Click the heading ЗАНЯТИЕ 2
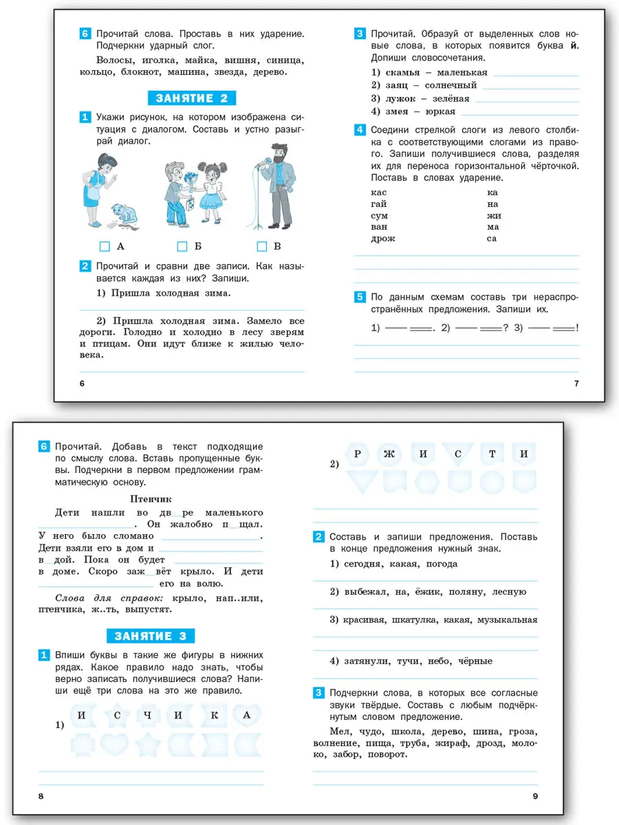pyautogui.click(x=192, y=98)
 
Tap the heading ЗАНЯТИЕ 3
pyautogui.click(x=151, y=635)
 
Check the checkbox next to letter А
pyautogui.click(x=105, y=246)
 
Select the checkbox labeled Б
pyautogui.click(x=182, y=246)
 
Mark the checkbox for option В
pyautogui.click(x=261, y=246)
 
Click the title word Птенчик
pyautogui.click(x=150, y=498)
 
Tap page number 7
pyautogui.click(x=576, y=383)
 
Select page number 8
pyautogui.click(x=41, y=795)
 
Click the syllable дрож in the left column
pyautogui.click(x=383, y=239)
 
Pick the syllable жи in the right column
pyautogui.click(x=492, y=215)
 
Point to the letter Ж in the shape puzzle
pyautogui.click(x=390, y=454)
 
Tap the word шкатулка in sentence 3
pyautogui.click(x=414, y=619)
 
